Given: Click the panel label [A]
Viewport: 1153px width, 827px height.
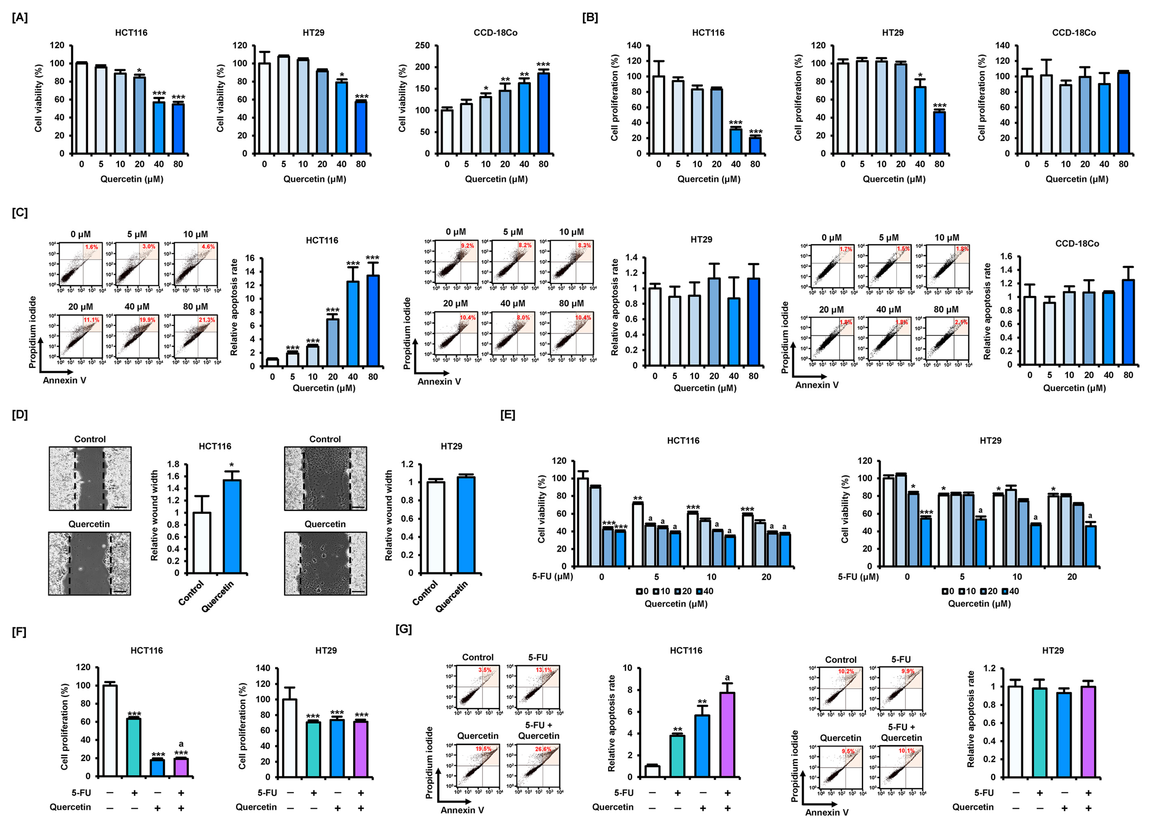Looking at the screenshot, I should [x=20, y=17].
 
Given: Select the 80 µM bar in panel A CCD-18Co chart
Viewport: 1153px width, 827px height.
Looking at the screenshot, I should [x=543, y=113].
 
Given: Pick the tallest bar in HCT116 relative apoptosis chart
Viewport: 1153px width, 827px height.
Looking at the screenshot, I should [x=373, y=320].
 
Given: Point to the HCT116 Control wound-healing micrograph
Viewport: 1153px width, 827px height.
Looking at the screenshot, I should [x=90, y=478].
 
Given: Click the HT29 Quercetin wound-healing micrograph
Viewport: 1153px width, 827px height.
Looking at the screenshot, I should [x=325, y=563].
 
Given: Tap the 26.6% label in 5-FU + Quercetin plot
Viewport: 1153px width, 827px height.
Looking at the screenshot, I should [x=543, y=749].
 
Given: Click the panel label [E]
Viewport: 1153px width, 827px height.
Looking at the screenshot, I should [x=507, y=415].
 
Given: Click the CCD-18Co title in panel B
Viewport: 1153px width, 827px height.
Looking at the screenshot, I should [x=1074, y=33].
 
